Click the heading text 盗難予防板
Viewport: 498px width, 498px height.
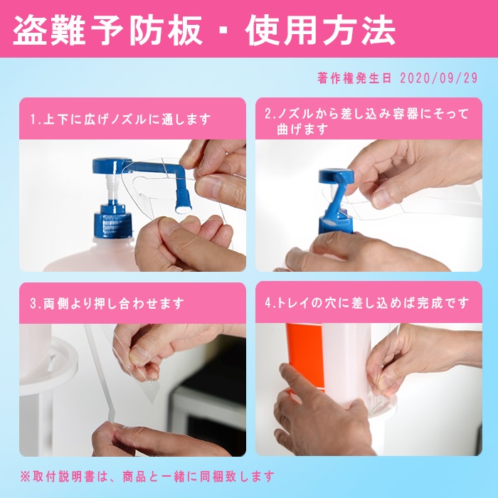click(x=107, y=31)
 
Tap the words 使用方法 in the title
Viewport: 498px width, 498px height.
click(x=320, y=31)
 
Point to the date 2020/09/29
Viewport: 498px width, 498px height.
click(x=439, y=78)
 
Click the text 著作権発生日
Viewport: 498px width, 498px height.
click(x=354, y=78)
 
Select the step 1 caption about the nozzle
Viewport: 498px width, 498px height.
click(x=121, y=120)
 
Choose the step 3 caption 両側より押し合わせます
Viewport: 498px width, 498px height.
click(x=107, y=303)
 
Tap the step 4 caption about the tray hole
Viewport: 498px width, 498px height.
click(x=367, y=303)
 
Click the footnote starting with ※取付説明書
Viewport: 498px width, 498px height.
click(x=147, y=477)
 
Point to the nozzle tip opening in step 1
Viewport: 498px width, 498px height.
click(x=184, y=209)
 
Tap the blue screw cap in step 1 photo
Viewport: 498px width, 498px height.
click(x=112, y=221)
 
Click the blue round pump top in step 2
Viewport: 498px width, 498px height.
click(x=336, y=176)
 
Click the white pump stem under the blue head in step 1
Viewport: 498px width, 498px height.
click(x=112, y=189)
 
